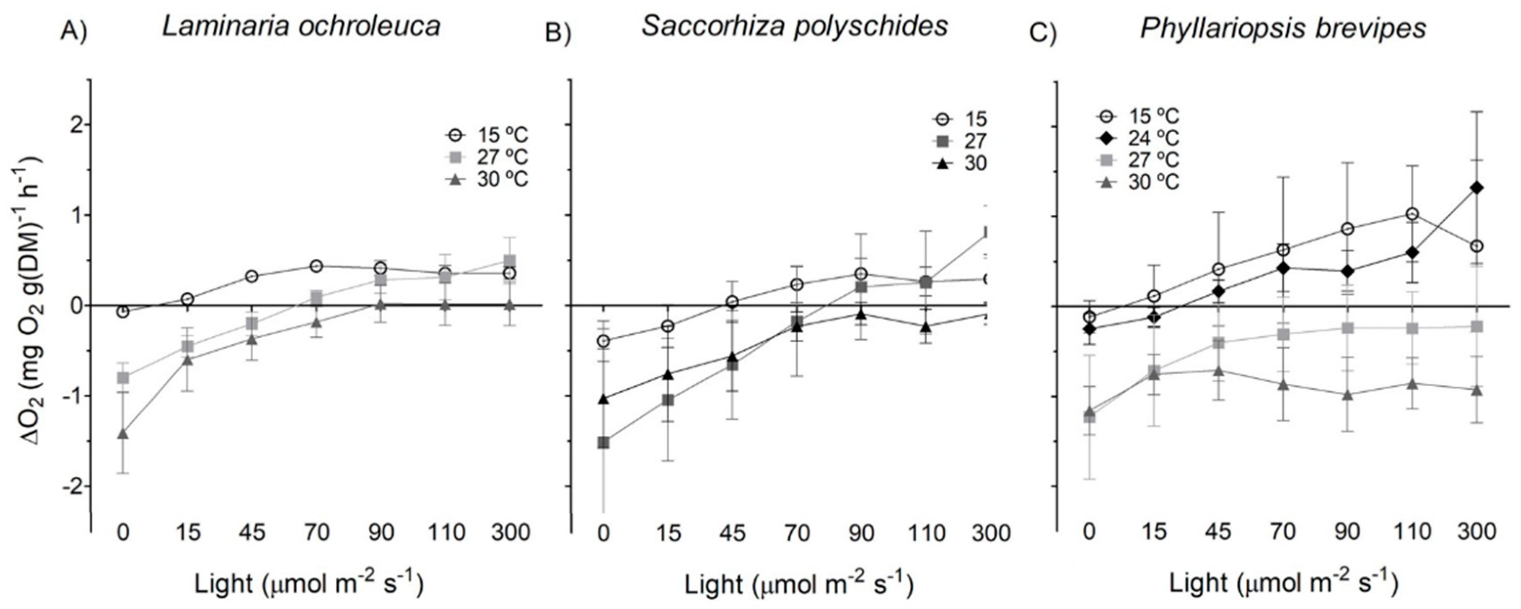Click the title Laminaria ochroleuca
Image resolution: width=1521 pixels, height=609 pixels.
(301, 26)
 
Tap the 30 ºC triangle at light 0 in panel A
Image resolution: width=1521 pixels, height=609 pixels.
(123, 433)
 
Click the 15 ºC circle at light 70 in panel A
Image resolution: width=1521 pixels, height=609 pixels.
(317, 266)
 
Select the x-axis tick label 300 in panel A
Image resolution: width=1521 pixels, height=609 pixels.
(511, 533)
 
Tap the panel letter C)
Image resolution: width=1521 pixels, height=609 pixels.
(1042, 33)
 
